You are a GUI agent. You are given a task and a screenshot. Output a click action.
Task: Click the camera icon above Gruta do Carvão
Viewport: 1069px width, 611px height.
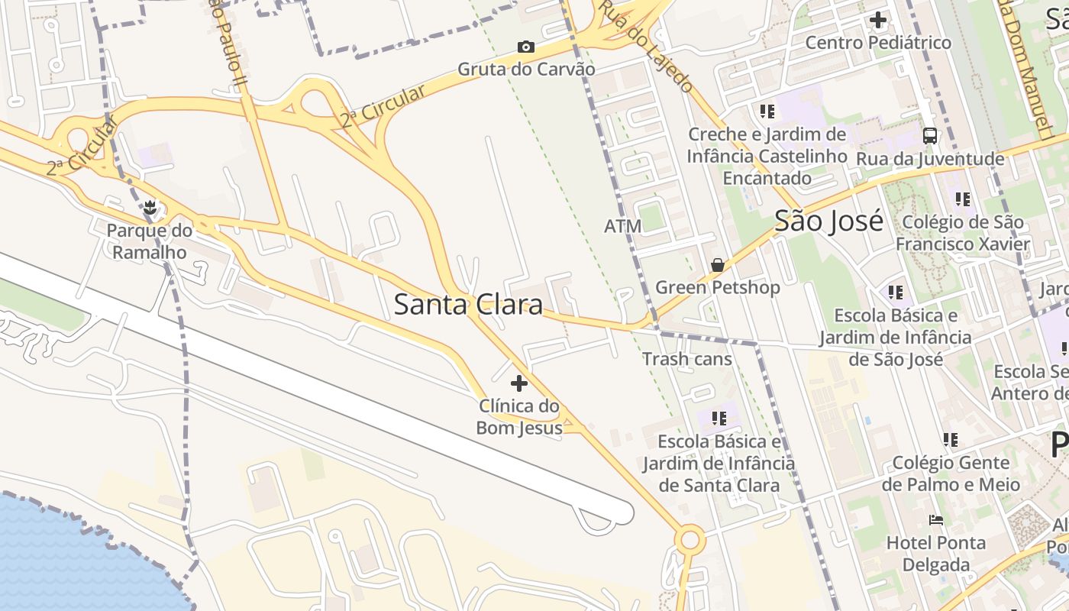pos(525,47)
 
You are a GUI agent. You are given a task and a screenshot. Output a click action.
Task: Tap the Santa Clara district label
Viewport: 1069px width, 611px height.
pos(468,304)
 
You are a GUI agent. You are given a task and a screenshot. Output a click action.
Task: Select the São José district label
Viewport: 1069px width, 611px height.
pos(828,221)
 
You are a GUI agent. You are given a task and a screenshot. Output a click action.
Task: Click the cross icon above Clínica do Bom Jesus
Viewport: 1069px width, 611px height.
pos(519,383)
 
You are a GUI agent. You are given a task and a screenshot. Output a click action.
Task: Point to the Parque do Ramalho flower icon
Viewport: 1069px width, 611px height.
pos(150,207)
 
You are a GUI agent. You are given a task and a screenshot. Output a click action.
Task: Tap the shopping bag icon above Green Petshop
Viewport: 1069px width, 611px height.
pos(717,265)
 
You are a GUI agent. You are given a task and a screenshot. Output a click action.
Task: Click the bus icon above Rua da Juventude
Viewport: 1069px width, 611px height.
pos(929,136)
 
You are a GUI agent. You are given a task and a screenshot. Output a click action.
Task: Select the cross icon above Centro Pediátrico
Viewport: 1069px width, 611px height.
pos(878,20)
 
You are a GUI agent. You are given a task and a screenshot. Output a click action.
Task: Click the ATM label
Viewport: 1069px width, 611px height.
pos(623,226)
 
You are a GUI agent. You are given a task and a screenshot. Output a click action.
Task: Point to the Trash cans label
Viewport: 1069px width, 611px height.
pos(686,359)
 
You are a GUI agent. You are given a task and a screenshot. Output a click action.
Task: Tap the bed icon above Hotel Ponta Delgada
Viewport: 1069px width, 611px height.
pos(936,520)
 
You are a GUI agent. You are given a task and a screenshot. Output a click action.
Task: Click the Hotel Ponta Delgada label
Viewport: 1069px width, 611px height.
pos(935,554)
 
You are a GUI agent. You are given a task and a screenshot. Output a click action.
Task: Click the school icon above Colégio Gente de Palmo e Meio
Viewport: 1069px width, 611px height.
pos(950,440)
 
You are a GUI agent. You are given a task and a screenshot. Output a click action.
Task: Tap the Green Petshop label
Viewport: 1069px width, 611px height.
pos(718,287)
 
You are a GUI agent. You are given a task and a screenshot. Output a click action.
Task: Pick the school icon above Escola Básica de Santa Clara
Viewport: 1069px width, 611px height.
pos(719,419)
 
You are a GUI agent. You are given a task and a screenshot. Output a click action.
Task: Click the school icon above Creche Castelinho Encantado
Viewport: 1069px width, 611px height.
pos(767,112)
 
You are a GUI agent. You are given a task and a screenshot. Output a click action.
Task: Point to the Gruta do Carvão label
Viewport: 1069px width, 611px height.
pos(526,69)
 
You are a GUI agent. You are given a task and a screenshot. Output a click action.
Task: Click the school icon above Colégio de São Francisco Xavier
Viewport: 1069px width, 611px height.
pos(963,199)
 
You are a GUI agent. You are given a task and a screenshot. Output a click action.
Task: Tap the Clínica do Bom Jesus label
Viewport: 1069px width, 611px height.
pos(519,416)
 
